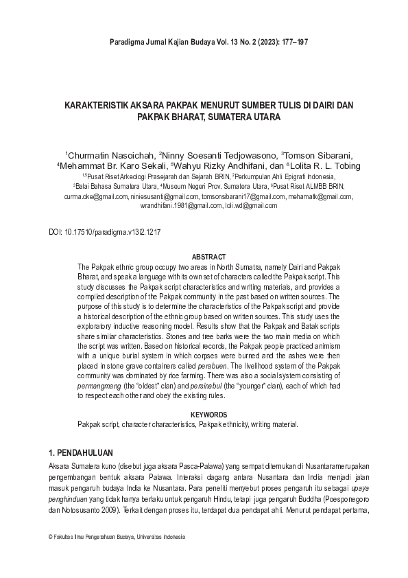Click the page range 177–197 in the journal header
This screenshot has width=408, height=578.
(x=293, y=43)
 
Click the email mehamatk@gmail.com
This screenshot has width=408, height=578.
(x=320, y=196)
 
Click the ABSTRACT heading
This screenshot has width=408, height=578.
(x=204, y=256)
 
